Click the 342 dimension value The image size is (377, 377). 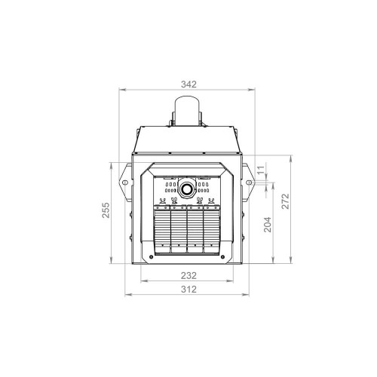click(188, 84)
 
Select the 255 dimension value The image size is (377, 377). click(106, 210)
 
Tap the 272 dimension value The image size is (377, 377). click(286, 201)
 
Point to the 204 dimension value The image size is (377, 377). click(268, 225)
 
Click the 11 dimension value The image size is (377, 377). click(262, 170)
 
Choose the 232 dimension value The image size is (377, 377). click(188, 276)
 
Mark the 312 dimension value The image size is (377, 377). click(188, 290)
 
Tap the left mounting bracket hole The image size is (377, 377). click(124, 182)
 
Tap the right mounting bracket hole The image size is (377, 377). click(248, 182)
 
